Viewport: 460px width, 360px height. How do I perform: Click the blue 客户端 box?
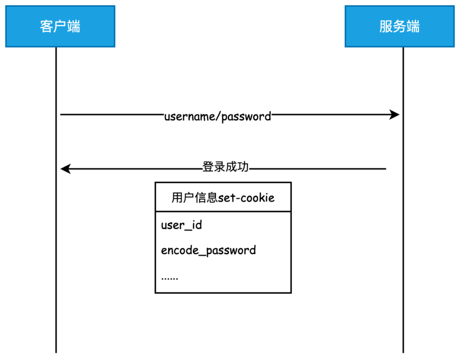tap(60, 26)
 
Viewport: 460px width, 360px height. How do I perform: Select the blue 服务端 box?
tap(399, 26)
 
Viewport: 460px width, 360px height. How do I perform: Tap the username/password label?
tap(218, 116)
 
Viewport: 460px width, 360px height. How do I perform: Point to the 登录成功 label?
tap(225, 167)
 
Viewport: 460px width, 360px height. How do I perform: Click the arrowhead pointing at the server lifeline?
tap(395, 115)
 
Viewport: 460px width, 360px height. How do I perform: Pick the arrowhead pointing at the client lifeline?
tap(65, 169)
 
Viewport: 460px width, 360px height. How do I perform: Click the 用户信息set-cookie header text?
tap(223, 198)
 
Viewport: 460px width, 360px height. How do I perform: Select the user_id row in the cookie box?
tap(181, 225)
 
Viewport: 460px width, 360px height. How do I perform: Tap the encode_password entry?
tap(208, 250)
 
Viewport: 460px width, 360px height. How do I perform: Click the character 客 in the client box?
tap(46, 26)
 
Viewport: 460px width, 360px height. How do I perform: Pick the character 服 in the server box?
tap(386, 26)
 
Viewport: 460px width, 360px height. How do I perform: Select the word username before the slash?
tap(191, 116)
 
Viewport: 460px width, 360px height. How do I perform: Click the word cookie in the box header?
tap(259, 198)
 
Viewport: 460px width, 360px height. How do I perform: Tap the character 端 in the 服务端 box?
tap(413, 26)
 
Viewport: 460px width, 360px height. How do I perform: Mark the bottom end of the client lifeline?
tap(56, 351)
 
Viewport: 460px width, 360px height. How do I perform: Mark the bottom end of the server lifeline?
tap(403, 351)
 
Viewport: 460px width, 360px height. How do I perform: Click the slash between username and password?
tap(220, 116)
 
